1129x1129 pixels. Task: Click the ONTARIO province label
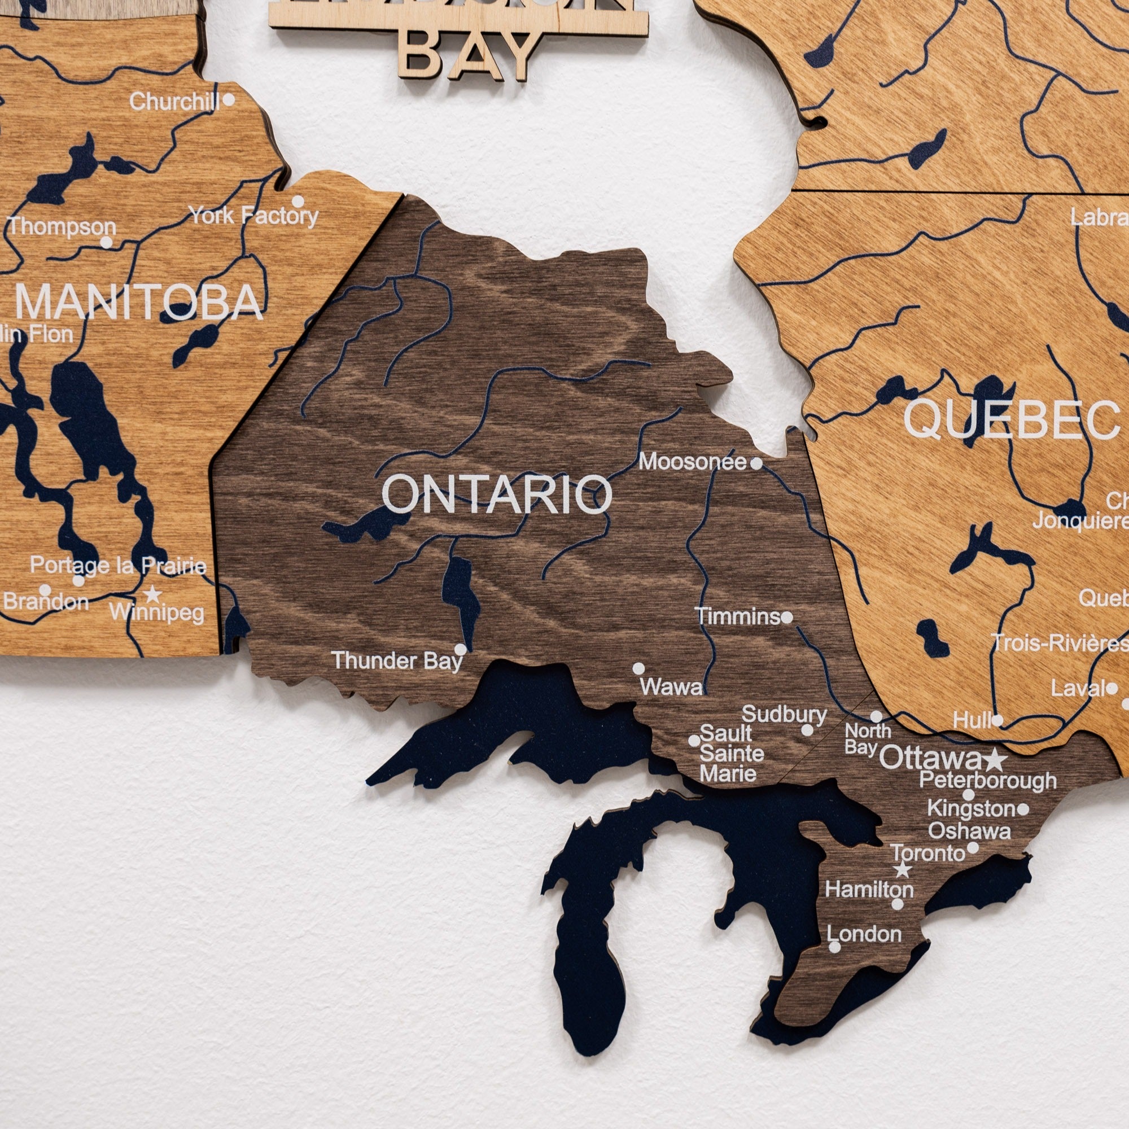(x=496, y=494)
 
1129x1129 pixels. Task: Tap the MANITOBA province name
(x=138, y=302)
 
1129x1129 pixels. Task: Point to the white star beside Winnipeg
(x=152, y=594)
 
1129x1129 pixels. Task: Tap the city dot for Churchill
(x=229, y=99)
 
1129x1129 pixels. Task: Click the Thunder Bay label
(x=397, y=661)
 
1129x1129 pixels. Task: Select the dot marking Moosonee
(x=756, y=463)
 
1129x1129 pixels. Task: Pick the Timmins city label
(x=737, y=616)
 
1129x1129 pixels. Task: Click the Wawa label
(x=671, y=686)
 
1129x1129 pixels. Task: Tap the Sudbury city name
(x=784, y=714)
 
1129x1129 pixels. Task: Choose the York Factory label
(x=253, y=216)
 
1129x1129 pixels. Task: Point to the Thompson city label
(x=62, y=227)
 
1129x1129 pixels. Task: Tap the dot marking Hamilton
(x=897, y=904)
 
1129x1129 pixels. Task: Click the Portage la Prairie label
(x=118, y=565)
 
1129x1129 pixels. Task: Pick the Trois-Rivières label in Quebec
(x=1059, y=644)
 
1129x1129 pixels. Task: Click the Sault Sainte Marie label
(x=731, y=753)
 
